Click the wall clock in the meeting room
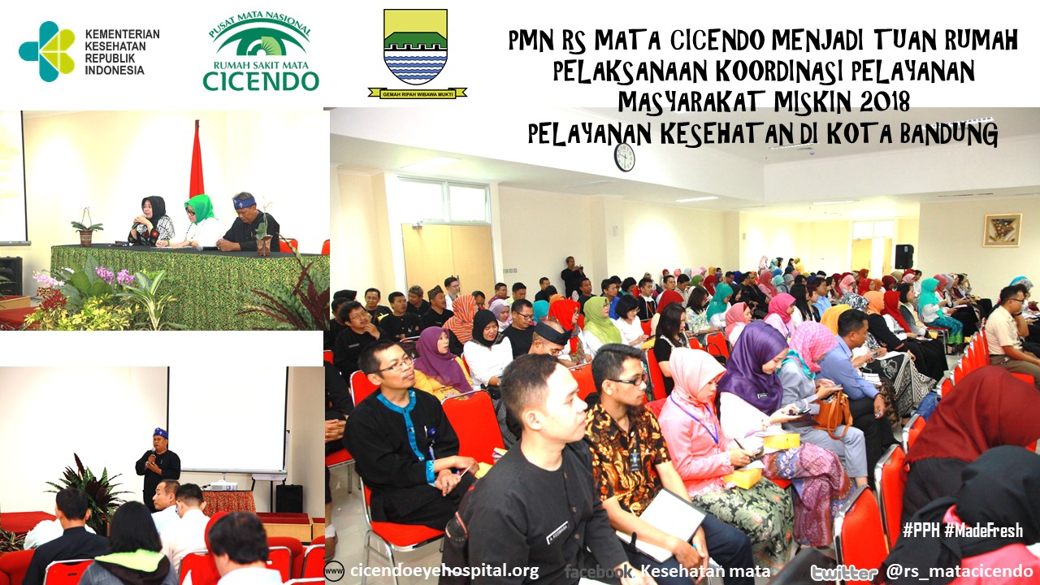[x=624, y=157]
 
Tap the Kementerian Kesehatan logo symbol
[x=47, y=51]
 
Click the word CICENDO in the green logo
[x=261, y=80]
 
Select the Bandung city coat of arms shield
[x=415, y=46]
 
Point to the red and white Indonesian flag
[x=197, y=160]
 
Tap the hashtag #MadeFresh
[x=983, y=530]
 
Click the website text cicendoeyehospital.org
[x=444, y=570]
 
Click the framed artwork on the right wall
[x=1003, y=230]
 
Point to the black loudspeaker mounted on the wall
[x=904, y=257]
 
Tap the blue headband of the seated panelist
[x=245, y=202]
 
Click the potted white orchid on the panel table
[x=86, y=227]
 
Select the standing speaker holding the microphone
[x=158, y=466]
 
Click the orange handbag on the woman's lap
[x=834, y=413]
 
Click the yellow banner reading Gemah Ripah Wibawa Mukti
[x=418, y=93]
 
